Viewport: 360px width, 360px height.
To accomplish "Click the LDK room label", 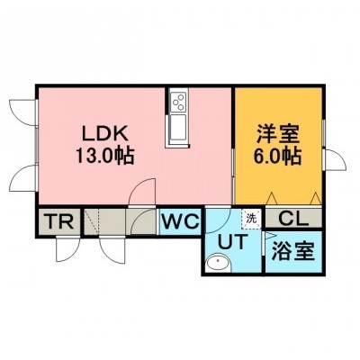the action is click(105, 133).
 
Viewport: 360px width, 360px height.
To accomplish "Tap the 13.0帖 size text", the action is click(105, 156).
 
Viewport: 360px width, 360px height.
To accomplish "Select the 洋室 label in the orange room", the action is click(278, 135).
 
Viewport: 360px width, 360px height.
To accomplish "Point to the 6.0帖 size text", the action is click(278, 156).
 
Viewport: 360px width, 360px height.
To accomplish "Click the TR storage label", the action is click(60, 221).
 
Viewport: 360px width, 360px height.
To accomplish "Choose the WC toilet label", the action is click(181, 222).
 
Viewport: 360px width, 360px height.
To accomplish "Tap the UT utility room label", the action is click(233, 242).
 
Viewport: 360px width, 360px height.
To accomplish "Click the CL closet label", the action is click(293, 219).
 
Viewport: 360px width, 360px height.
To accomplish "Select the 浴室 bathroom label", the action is click(292, 251).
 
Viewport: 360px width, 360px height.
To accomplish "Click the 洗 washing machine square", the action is click(251, 219).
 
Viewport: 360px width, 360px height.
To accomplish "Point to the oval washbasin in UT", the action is click(218, 263).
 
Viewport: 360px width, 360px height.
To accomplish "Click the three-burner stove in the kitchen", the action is click(179, 103).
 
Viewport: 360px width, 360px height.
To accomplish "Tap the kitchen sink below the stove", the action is click(178, 127).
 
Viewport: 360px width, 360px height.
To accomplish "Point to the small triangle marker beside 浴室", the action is click(269, 235).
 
